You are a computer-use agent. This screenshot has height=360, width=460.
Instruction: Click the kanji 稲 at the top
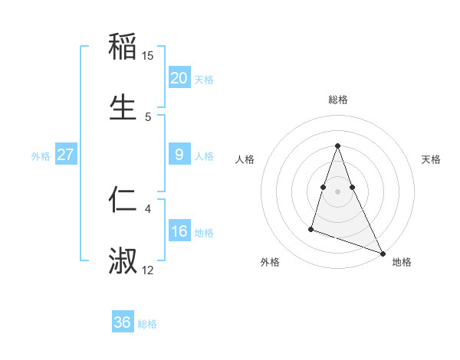[x=123, y=46]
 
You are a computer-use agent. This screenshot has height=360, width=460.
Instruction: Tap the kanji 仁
[x=123, y=199]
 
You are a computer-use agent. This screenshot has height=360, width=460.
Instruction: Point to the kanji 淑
[x=123, y=260]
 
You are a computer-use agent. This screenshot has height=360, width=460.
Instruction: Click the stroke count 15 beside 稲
[x=148, y=56]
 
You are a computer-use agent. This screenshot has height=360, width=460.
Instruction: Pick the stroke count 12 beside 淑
[x=148, y=270]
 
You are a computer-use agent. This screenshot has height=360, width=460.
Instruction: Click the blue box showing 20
[x=179, y=78]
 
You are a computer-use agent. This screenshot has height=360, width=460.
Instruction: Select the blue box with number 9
[x=179, y=155]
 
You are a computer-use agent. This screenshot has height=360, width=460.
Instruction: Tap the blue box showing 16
[x=179, y=231]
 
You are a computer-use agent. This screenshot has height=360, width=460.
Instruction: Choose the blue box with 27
[x=66, y=155]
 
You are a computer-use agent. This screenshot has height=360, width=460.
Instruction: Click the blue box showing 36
[x=123, y=322]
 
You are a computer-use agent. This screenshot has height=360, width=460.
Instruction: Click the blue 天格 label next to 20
[x=204, y=79]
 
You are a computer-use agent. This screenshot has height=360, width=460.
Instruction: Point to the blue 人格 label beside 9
[x=204, y=155]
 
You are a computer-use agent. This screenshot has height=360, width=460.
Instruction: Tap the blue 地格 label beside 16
[x=204, y=232]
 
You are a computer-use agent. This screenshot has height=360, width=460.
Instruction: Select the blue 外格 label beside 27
[x=41, y=155]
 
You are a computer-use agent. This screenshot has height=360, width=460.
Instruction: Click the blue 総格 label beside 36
[x=147, y=323]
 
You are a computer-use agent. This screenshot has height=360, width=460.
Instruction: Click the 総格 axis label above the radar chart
[x=337, y=100]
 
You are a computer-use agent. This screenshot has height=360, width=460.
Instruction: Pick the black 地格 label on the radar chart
[x=402, y=262]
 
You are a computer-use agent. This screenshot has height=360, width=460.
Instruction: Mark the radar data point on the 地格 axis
[x=383, y=253]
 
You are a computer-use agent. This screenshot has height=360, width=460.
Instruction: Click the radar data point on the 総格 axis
[x=337, y=146]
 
